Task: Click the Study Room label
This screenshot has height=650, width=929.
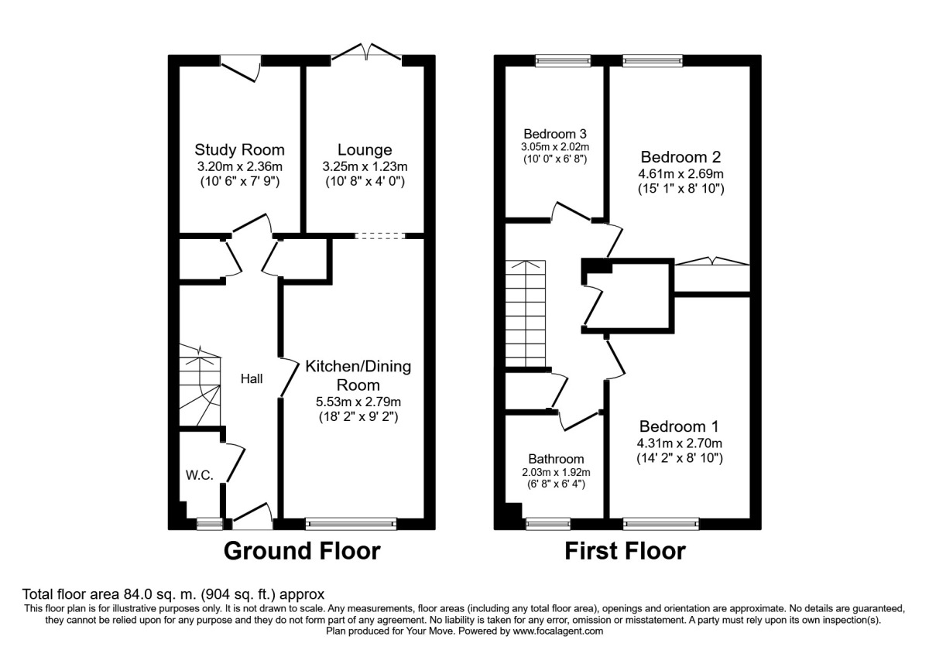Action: point(239,150)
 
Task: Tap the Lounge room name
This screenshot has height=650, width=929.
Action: point(365,150)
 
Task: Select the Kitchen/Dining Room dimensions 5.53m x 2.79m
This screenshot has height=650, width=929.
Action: point(358,402)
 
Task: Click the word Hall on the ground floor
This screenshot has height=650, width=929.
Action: point(252,379)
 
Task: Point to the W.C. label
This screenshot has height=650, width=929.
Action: point(199,475)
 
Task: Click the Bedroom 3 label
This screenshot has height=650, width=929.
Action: point(555,132)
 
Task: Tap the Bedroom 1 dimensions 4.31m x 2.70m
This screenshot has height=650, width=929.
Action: point(680,443)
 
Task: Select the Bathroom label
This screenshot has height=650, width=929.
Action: point(557,459)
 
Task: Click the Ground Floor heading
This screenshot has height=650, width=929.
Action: point(302,551)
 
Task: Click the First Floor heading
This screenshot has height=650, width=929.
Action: point(625,551)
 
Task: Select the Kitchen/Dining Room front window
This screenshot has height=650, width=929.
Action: point(351,524)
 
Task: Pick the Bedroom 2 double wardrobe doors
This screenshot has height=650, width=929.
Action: point(712,263)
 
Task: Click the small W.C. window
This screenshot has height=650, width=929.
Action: point(207,524)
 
